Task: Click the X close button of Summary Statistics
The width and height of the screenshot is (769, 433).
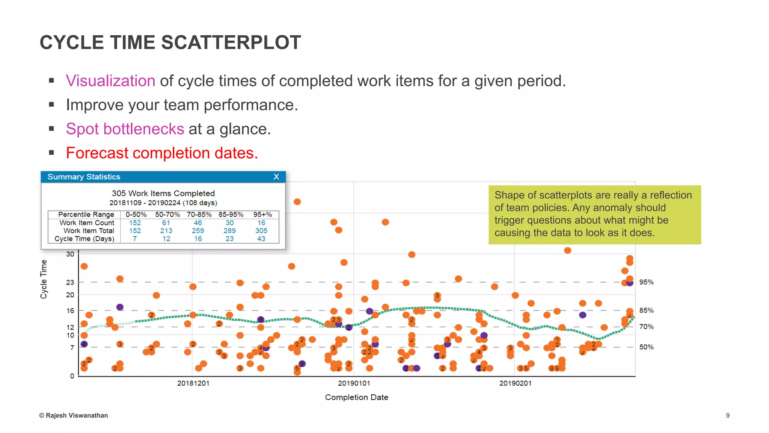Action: point(276,177)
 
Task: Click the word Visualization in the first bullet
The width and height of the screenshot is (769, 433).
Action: point(110,81)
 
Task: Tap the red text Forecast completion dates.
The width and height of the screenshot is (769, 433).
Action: point(162,153)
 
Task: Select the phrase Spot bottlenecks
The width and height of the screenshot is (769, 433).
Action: point(125,129)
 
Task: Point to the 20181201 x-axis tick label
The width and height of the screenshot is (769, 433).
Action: point(193,383)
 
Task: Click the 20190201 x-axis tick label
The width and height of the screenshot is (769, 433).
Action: point(515,383)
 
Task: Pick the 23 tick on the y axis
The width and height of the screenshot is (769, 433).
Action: point(70,282)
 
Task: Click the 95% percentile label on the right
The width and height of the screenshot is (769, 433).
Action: point(646,282)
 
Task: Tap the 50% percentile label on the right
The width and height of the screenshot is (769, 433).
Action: point(646,347)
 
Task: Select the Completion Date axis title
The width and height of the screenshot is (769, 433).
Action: point(356,397)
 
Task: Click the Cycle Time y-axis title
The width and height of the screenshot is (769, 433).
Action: point(44,279)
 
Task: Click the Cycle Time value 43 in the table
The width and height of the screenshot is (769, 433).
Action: point(261,239)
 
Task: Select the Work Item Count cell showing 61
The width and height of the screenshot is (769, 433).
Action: point(166,223)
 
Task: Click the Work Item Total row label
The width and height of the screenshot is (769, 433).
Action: point(89,231)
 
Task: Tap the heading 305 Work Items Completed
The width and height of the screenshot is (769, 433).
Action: point(163,193)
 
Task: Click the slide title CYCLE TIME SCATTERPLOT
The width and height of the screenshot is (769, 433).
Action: point(170,42)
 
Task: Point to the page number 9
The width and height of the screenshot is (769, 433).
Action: point(728,415)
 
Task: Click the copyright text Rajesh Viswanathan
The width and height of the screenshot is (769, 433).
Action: point(74,415)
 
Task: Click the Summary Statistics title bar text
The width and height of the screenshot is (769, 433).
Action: point(84,177)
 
